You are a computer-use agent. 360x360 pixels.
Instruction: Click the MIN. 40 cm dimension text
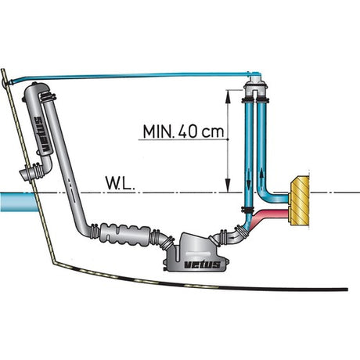184,132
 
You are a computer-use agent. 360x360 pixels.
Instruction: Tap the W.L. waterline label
121,183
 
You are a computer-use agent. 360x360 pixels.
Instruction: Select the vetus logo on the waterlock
203,265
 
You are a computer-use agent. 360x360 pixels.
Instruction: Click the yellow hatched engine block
299,200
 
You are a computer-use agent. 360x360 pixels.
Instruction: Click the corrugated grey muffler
126,235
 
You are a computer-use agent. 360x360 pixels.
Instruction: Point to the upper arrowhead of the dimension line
228,96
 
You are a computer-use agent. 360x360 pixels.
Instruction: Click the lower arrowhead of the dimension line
228,185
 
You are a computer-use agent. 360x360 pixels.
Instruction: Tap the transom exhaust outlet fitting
31,172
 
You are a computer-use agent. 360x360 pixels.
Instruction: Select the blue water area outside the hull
18,203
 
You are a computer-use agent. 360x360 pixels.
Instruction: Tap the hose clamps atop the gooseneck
48,98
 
